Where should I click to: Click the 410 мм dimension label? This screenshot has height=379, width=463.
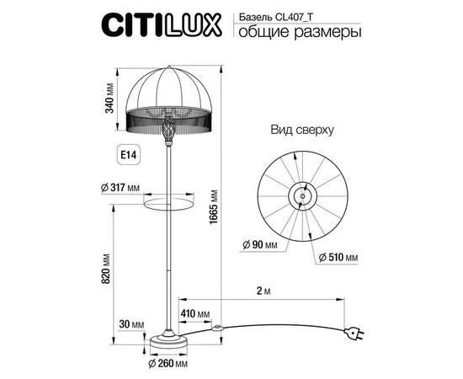194,314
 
